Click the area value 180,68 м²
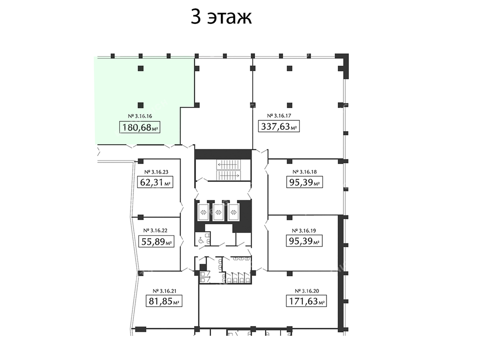tap(139, 127)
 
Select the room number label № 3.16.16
tap(139, 116)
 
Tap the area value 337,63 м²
tap(279, 126)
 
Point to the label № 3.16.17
tap(279, 116)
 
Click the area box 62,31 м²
tap(155, 182)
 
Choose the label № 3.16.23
tap(156, 172)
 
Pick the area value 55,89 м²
tap(156, 242)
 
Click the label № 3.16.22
tap(155, 231)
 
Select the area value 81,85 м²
tap(164, 301)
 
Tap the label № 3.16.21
tap(164, 291)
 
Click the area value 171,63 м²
tap(306, 301)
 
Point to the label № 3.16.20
tap(307, 291)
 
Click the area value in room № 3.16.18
tap(304, 182)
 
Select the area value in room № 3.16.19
tap(304, 241)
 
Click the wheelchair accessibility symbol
tap(201, 240)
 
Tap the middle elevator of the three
tap(218, 212)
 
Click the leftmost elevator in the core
tap(203, 212)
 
